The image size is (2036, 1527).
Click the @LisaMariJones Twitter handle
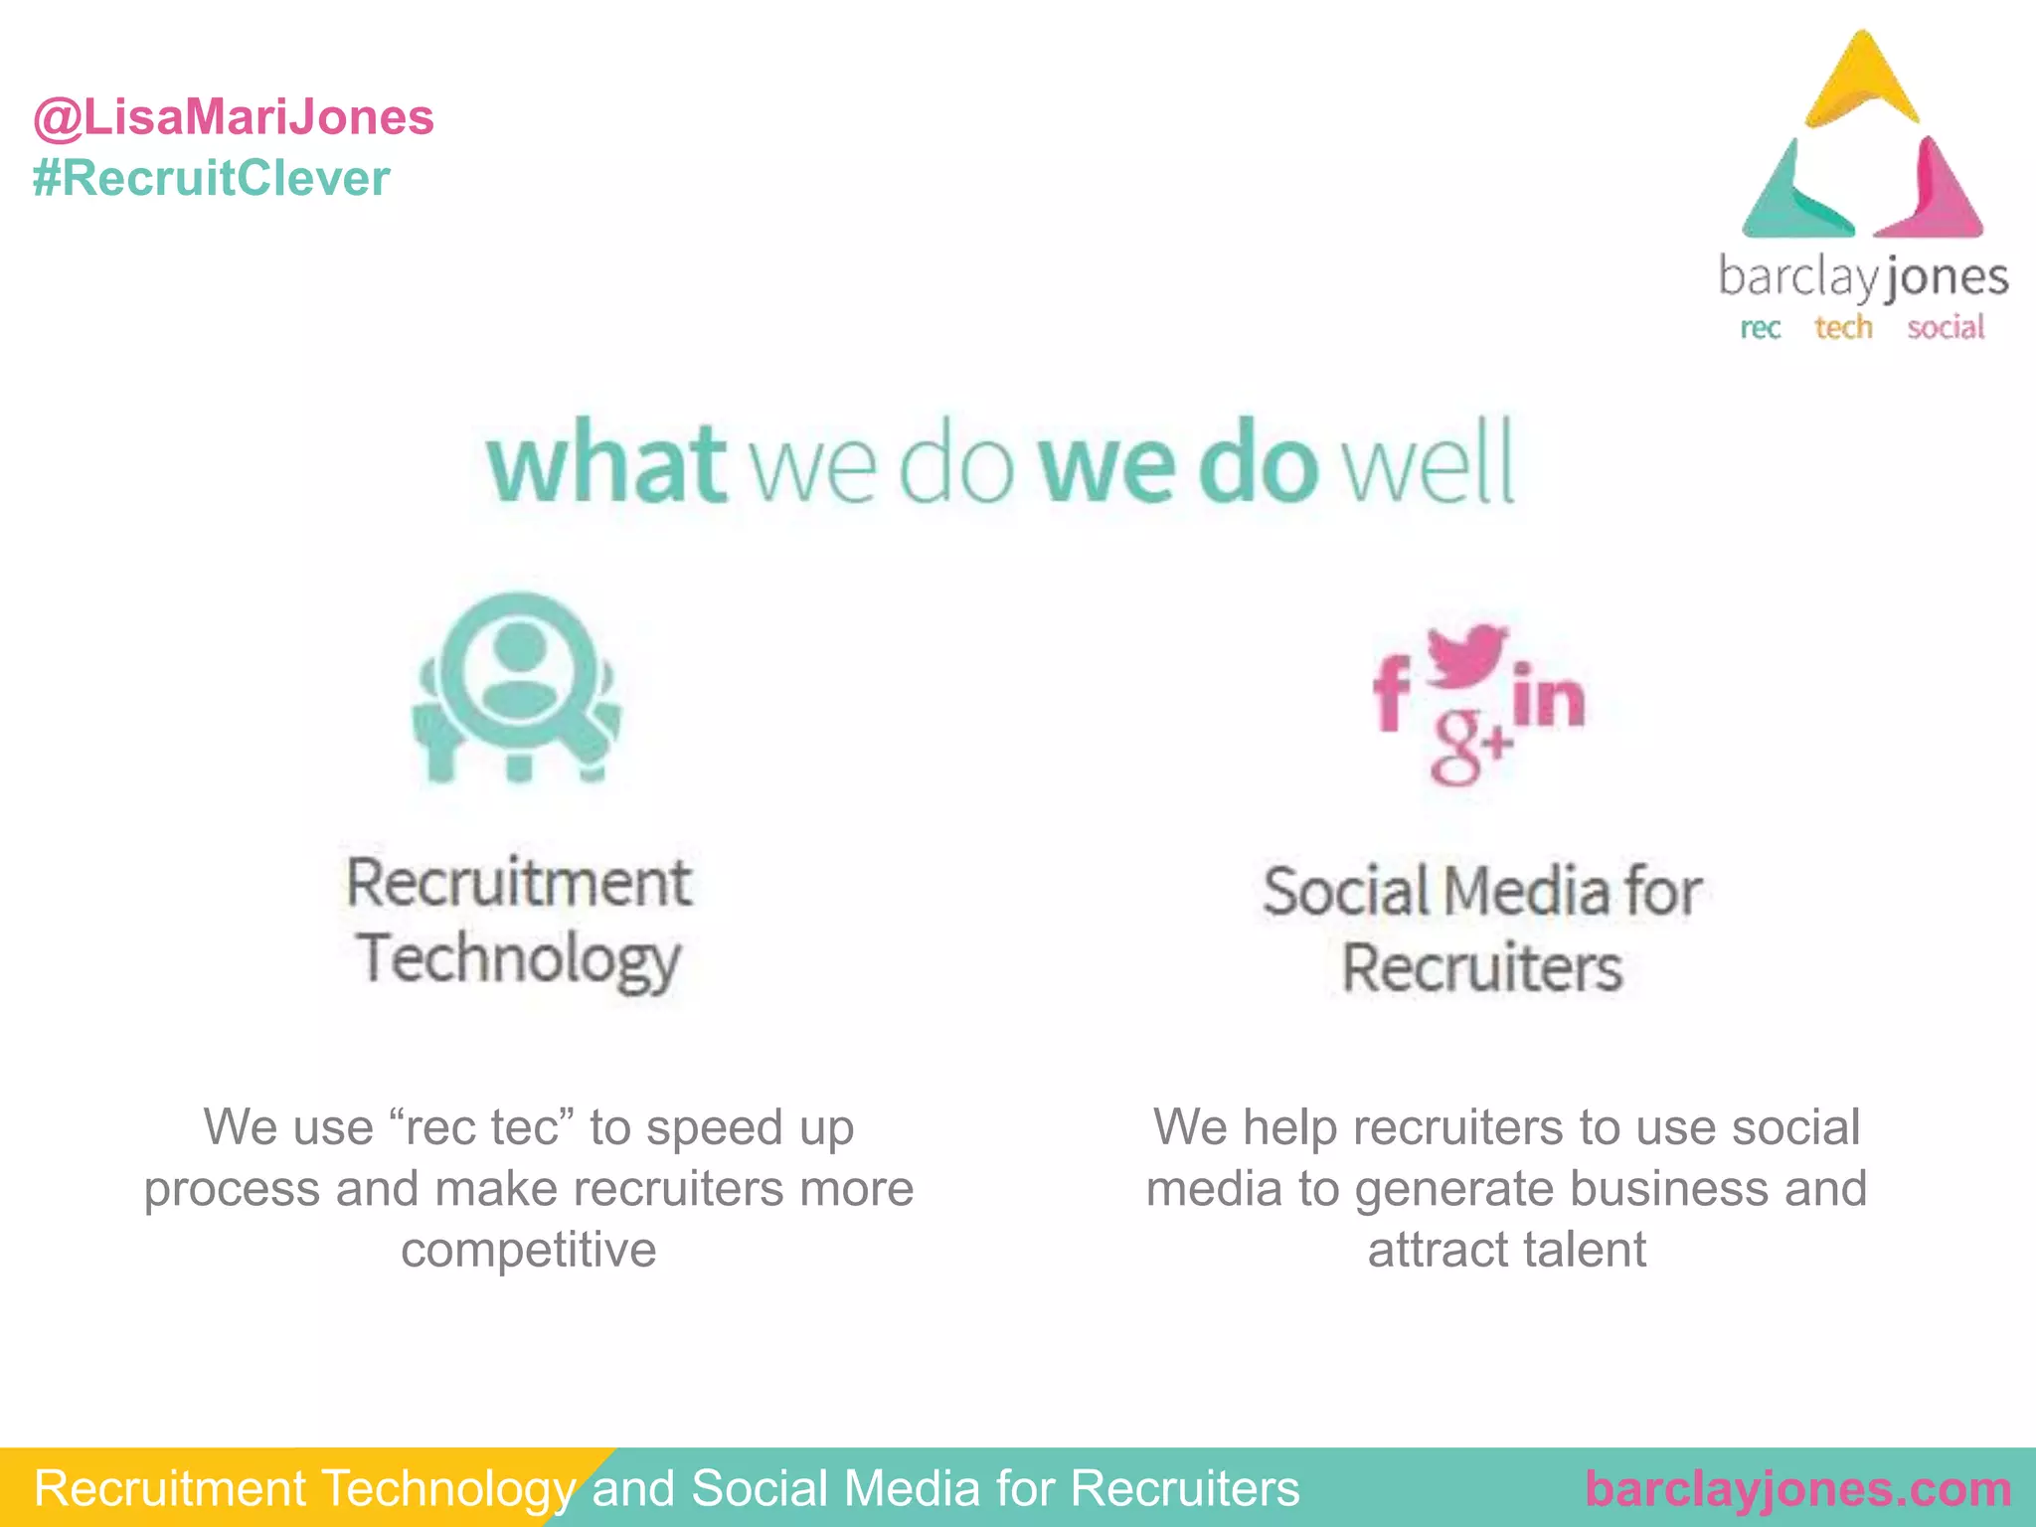234,117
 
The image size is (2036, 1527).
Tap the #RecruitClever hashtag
211,179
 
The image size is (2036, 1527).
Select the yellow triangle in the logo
1861,85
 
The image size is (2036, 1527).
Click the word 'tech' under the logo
1843,327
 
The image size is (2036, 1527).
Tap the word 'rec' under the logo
1760,328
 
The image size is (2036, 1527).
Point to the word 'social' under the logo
1946,327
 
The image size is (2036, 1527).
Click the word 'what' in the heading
606,463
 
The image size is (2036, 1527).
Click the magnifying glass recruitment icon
517,686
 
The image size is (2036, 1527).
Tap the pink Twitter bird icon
1467,656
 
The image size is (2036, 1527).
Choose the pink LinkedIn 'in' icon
1547,696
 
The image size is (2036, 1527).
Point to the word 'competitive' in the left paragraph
528,1250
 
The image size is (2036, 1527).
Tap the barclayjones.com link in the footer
1797,1489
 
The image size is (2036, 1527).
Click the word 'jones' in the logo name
1946,278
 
